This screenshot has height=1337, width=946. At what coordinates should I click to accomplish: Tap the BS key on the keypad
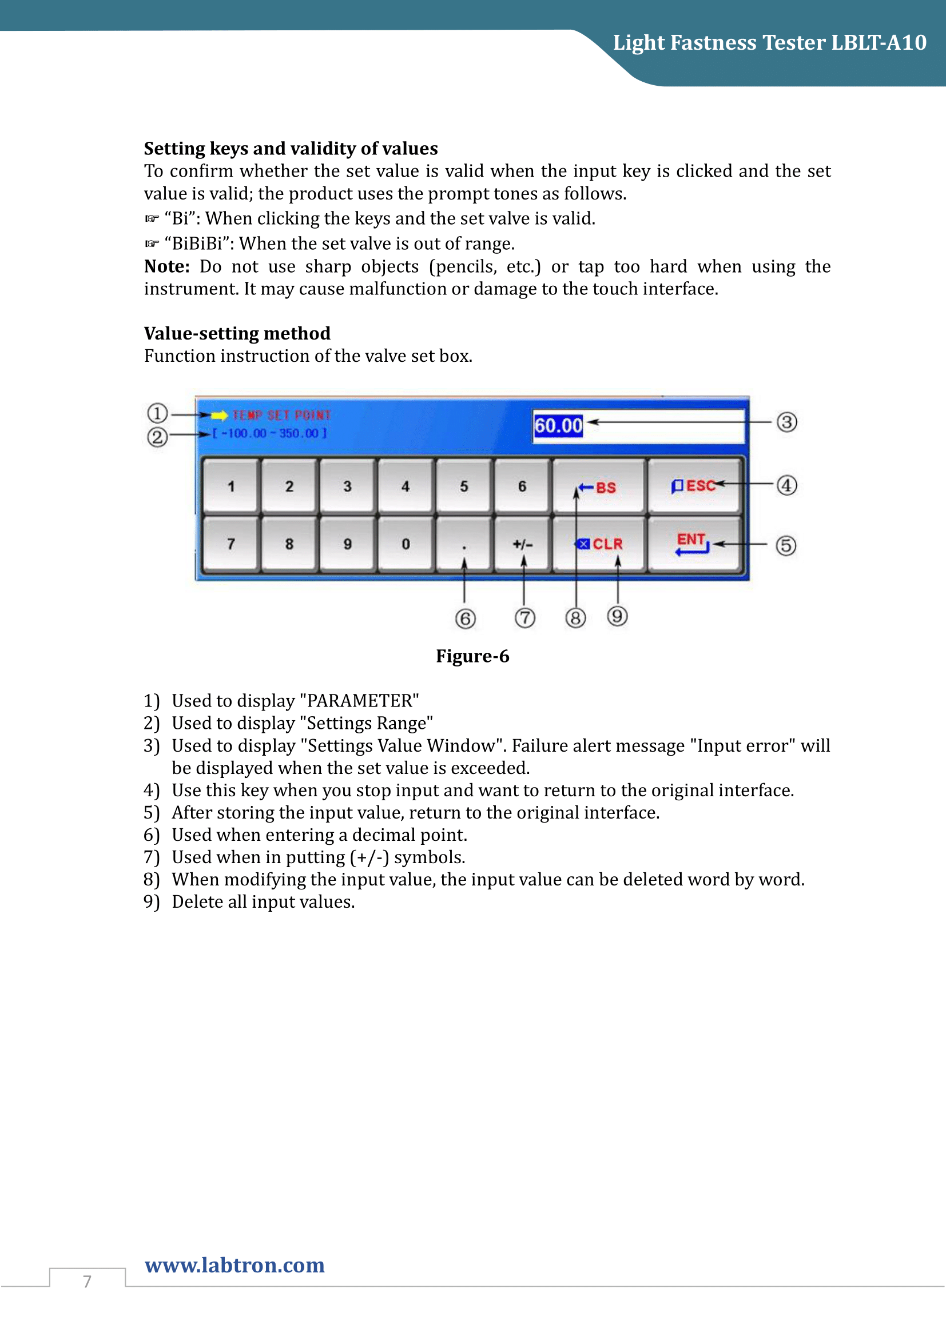point(599,486)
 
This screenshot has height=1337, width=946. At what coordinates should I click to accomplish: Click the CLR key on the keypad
point(599,544)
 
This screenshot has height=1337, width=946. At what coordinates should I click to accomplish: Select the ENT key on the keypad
point(694,544)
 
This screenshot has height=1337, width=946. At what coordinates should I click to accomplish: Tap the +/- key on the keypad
point(523,544)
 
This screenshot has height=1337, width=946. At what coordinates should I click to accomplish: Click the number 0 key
point(406,544)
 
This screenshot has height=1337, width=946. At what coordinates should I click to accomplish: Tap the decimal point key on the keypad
point(464,544)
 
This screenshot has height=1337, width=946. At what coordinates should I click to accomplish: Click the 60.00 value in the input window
point(558,426)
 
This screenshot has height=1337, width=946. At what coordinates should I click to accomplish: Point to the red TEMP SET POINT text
point(281,415)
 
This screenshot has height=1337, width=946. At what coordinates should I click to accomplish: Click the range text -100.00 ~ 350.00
point(270,433)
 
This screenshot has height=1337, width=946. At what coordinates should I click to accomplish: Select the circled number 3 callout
point(786,422)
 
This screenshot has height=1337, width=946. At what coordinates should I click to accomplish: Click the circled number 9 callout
point(618,616)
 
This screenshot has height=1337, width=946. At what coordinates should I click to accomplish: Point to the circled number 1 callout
point(157,413)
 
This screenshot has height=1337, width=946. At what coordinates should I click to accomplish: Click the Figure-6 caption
point(472,656)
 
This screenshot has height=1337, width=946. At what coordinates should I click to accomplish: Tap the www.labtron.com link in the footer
point(234,1265)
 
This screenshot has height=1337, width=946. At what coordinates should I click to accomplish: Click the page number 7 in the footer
point(88,1281)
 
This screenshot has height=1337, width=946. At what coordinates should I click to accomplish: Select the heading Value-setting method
point(237,333)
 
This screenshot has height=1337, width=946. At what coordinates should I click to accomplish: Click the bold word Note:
point(166,266)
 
